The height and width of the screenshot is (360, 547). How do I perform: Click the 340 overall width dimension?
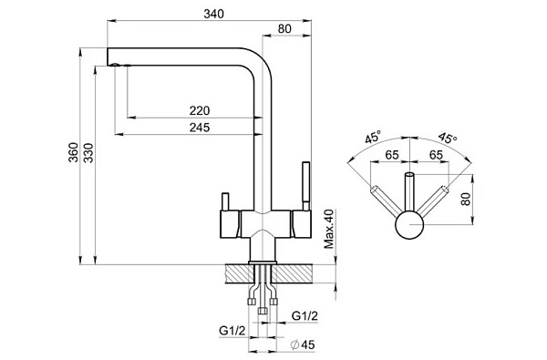point(213,14)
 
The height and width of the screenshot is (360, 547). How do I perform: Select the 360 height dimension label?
point(74,152)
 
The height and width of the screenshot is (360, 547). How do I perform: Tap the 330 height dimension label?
point(88,152)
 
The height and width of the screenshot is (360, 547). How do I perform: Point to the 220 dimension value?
point(200,110)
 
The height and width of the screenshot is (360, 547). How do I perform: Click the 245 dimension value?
point(200,128)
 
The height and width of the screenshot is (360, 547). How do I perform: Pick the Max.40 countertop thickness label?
point(328,229)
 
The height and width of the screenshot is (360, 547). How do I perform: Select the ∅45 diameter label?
point(303,345)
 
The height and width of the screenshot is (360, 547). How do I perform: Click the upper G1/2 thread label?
point(304,316)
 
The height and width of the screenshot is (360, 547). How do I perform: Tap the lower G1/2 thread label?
point(232,331)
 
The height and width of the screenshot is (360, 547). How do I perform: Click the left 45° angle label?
point(373,137)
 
